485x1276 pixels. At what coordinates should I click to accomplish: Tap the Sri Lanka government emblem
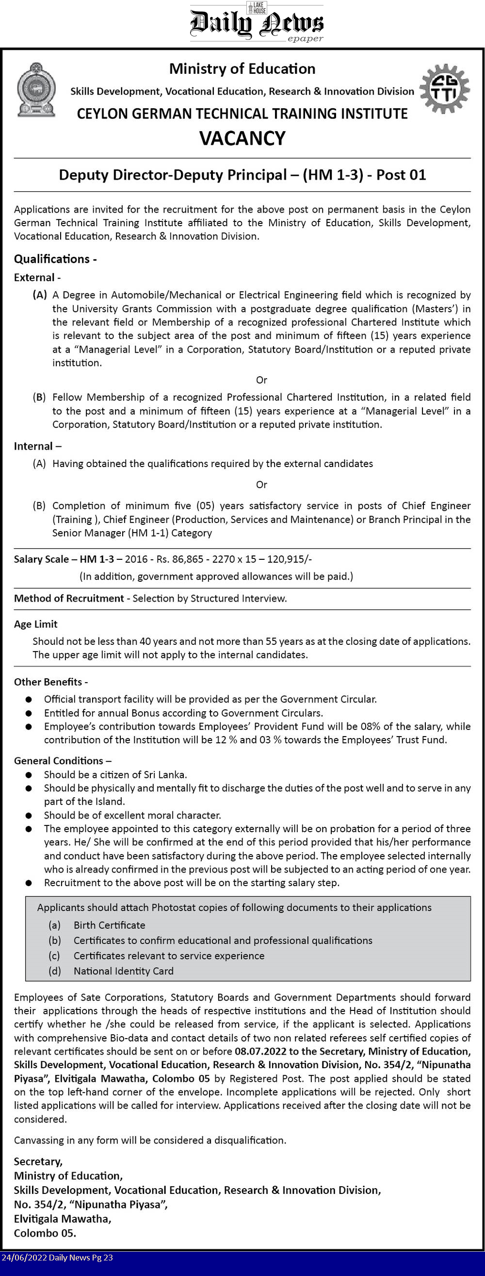point(36,90)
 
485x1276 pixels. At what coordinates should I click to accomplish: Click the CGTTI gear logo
point(444,89)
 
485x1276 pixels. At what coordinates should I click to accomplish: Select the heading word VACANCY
point(242,138)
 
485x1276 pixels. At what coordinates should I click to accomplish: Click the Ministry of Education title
point(242,69)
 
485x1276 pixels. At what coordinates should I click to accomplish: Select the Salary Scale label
point(42,559)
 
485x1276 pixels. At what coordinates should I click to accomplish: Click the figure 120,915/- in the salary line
point(290,559)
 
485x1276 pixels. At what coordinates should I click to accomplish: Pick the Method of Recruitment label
point(69,598)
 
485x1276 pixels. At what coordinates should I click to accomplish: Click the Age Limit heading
point(35,624)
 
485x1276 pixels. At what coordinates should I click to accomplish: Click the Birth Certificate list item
point(110,925)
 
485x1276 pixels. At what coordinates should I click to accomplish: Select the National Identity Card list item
point(124,971)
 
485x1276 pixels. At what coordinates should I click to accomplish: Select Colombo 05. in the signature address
point(45,1233)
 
